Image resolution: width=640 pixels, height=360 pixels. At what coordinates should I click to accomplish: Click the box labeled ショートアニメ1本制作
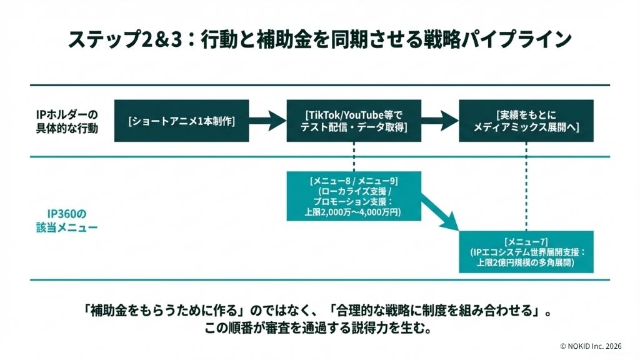click(182, 121)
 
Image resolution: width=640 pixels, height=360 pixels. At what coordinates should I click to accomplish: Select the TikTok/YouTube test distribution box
click(354, 121)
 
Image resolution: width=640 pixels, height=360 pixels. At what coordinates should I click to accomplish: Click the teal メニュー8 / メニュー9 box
click(354, 196)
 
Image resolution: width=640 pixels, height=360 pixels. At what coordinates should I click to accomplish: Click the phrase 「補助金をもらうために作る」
click(163, 311)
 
